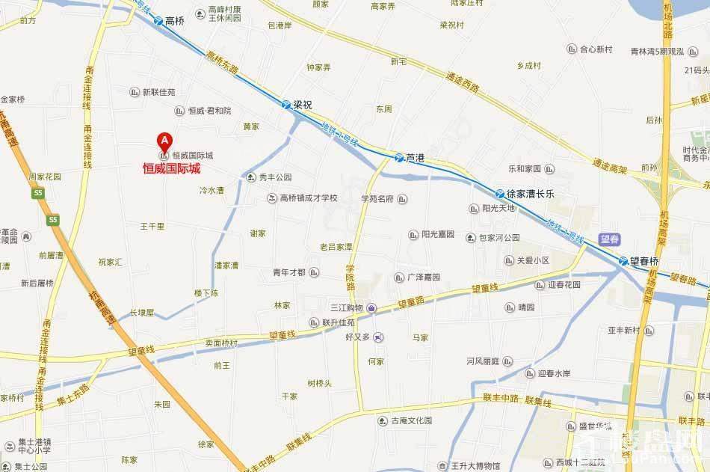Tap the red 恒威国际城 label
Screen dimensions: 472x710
pos(172,169)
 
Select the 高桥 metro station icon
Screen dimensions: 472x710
pos(158,22)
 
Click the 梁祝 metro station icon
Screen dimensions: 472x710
pos(286,105)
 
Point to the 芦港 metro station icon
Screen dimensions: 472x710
pos(398,159)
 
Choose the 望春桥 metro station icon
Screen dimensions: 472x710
pos(623,260)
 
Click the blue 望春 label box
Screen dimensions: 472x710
pos(610,239)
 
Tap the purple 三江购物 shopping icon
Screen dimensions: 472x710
pos(371,308)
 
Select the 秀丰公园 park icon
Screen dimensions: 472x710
pos(251,177)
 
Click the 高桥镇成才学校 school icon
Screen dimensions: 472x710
pos(273,198)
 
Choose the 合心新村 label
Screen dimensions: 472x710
pos(596,49)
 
